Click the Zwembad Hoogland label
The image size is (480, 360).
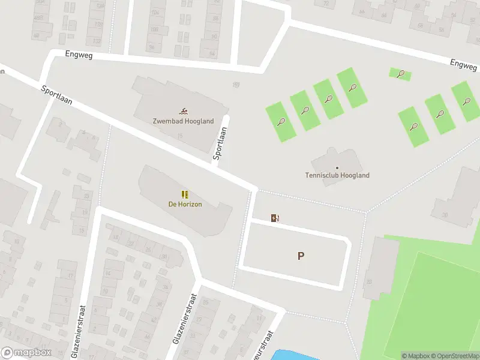pos(183,121)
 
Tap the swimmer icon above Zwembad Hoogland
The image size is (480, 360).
pos(183,111)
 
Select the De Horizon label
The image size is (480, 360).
pos(185,204)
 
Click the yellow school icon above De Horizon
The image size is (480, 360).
pos(185,194)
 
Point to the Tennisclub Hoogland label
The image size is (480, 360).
pos(337,176)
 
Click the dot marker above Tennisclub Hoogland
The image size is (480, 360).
pos(337,167)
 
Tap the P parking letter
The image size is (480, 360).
pos(301,256)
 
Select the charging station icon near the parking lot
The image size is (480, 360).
pos(275,218)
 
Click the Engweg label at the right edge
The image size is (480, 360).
pos(463,64)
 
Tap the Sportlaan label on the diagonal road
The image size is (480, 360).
pos(57,95)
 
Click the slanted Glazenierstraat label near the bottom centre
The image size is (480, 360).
pos(185,327)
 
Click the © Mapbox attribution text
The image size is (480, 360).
pos(416,356)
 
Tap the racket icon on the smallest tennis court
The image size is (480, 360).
pos(401,74)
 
